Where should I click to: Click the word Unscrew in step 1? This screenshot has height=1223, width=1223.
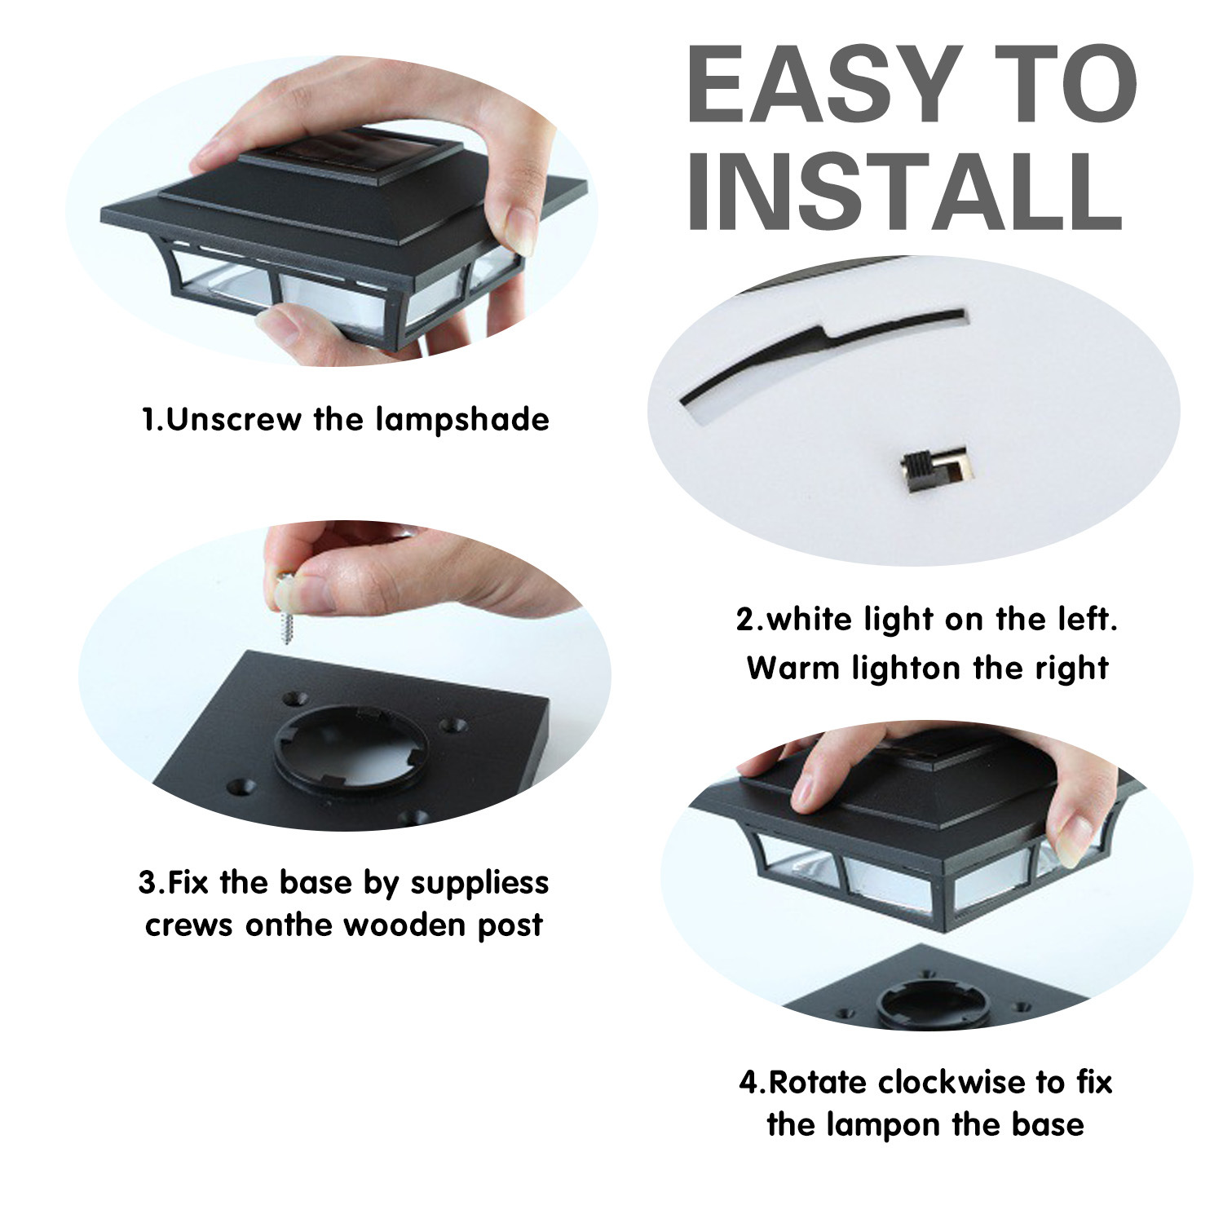[x=229, y=420]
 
